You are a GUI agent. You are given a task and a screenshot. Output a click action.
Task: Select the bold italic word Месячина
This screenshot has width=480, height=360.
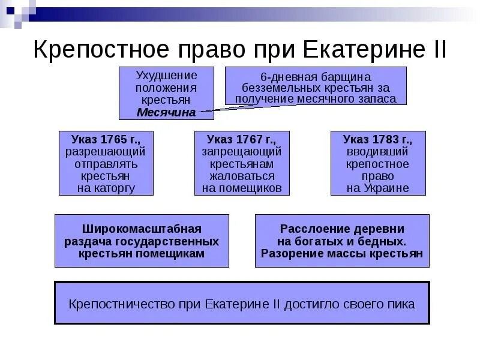166,112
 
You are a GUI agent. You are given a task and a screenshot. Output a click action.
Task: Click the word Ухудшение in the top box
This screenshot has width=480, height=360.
166,76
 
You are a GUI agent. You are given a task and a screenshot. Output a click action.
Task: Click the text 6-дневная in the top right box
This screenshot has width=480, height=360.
285,77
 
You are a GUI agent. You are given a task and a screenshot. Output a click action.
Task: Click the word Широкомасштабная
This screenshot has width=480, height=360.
142,229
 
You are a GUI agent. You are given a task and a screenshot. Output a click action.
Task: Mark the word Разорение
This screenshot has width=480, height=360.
290,253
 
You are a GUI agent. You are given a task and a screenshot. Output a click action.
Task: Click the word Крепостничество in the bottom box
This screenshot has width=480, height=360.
122,304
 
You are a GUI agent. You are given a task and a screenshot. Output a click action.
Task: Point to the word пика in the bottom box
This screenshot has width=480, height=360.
401,304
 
